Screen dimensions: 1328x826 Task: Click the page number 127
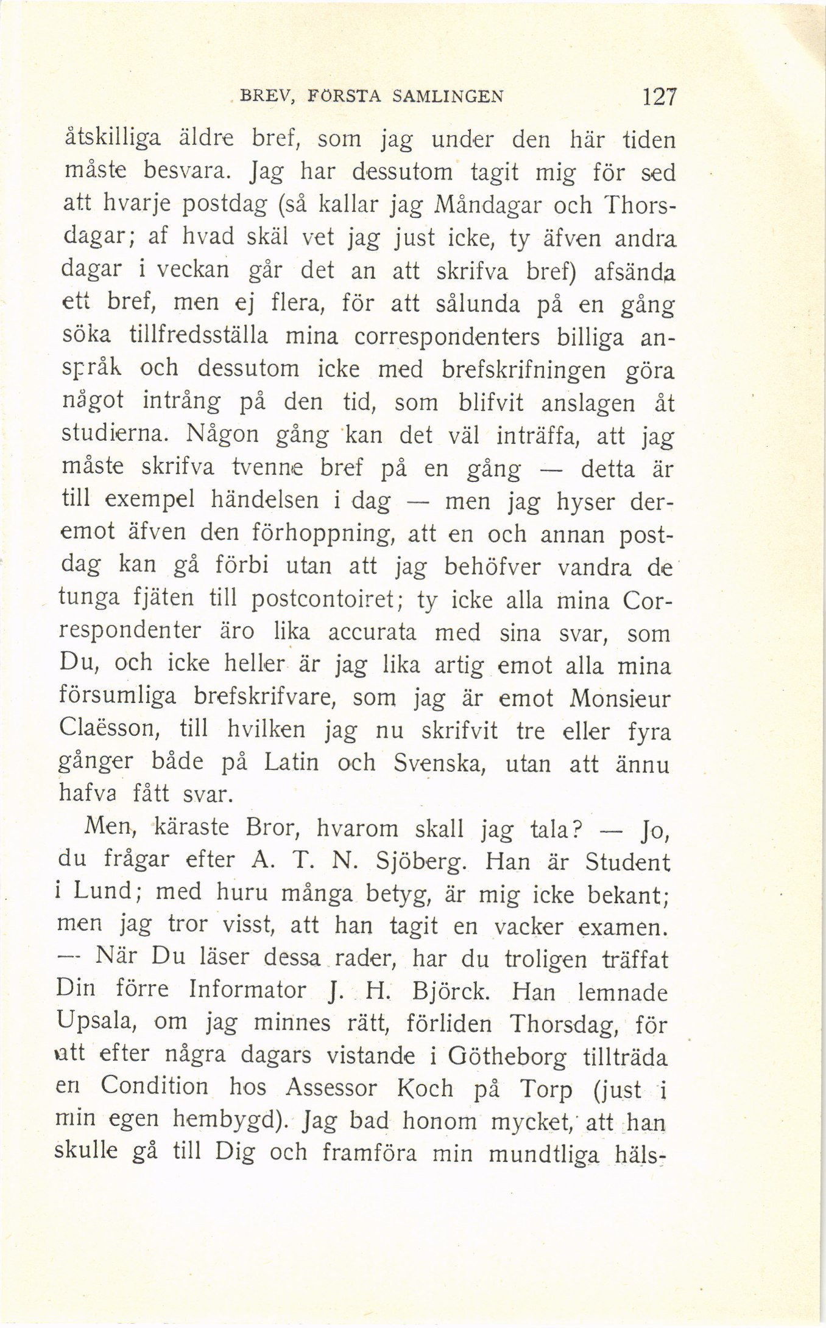click(x=655, y=97)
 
